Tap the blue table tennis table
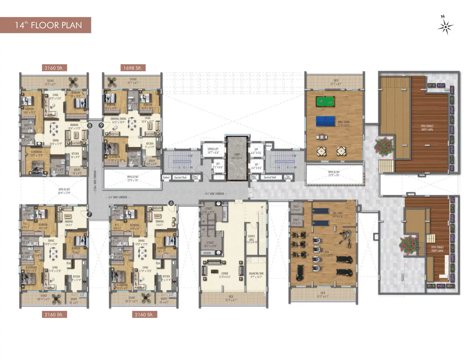pos(325,121)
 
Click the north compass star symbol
pos(445,27)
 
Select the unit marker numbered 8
pos(90,126)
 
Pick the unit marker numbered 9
pos(101,125)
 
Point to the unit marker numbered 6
pos(171,203)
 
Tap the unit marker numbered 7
pos(89,214)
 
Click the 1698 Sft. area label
pos(132,68)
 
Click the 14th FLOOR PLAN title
pos(48,25)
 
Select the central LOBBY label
pos(237,156)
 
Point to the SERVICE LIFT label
pos(213,151)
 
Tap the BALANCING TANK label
pos(256,275)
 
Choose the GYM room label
pos(326,254)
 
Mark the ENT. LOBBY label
pos(338,215)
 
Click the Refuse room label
pos(268,146)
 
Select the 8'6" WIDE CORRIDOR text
pos(215,194)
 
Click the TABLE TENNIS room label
pos(344,124)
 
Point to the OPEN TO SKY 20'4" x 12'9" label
pos(64,191)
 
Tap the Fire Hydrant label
pos(288,177)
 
